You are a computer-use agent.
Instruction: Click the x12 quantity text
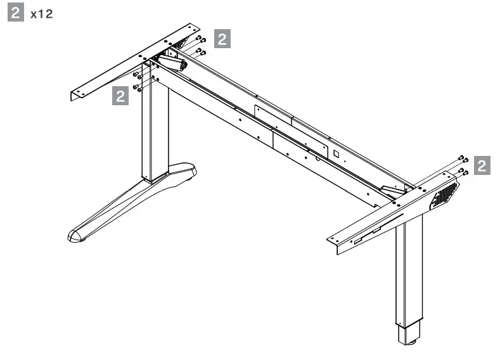point(42,14)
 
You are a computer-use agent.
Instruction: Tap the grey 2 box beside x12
point(15,13)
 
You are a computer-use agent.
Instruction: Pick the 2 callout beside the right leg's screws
point(482,166)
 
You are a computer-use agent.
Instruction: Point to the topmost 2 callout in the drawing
point(222,39)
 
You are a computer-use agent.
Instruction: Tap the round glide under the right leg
point(409,344)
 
